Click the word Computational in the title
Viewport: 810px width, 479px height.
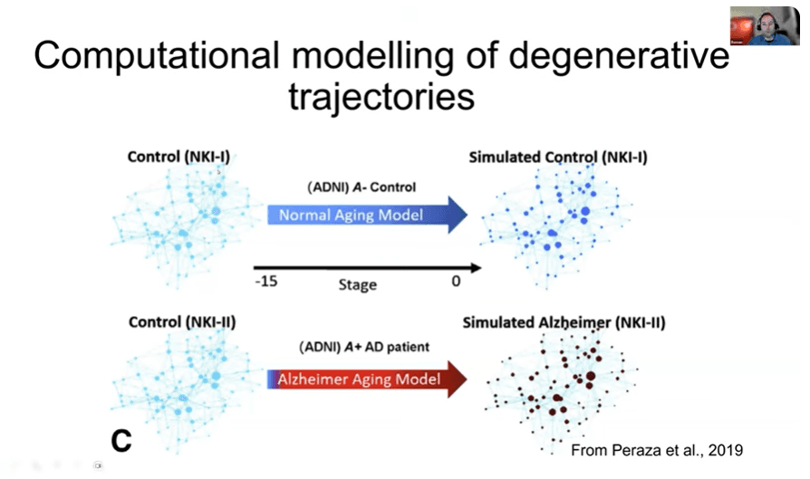[157, 55]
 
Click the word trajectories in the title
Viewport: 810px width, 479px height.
[381, 97]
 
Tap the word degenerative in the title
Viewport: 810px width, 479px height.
[619, 56]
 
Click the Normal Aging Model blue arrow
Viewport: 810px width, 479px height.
[367, 215]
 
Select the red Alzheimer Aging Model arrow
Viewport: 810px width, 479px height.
[367, 379]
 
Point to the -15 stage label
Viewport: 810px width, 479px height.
[266, 282]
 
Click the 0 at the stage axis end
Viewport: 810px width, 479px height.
[456, 282]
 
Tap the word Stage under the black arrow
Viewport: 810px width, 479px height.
[358, 284]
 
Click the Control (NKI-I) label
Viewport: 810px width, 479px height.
[178, 157]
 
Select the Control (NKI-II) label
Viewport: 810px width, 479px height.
[182, 322]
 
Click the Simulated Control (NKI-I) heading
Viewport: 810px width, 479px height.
[558, 158]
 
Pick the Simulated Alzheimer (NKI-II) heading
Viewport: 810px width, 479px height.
[564, 322]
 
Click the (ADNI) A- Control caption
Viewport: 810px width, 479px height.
[362, 187]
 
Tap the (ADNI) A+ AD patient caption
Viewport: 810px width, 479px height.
[364, 347]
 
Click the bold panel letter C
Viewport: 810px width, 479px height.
[121, 441]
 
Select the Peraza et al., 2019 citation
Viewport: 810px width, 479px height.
[657, 450]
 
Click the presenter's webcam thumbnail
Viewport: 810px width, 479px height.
[765, 26]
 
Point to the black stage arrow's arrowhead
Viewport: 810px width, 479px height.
[476, 268]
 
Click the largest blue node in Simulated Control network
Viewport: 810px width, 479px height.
[585, 211]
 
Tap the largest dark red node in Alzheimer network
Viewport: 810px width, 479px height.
[591, 377]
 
